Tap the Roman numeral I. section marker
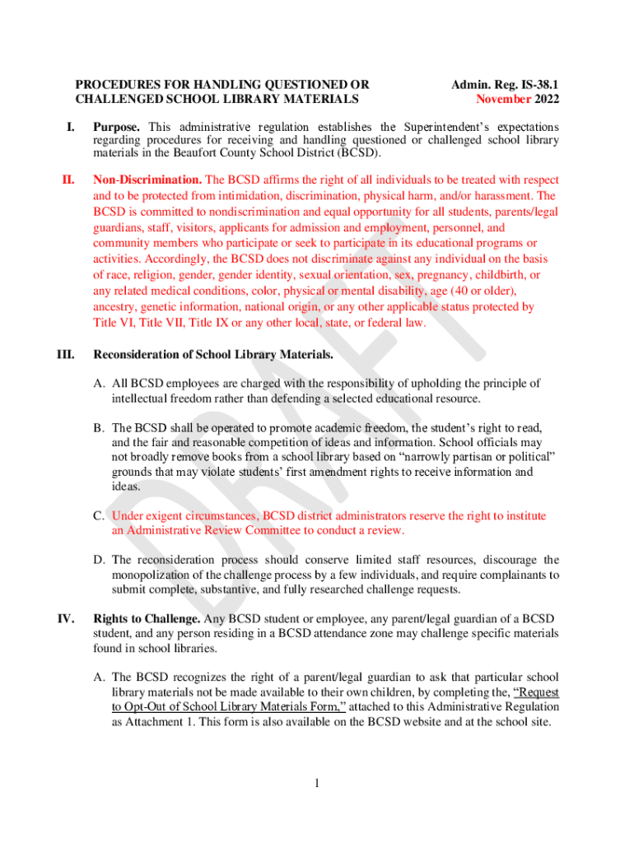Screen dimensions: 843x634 72,128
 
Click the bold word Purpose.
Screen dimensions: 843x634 116,128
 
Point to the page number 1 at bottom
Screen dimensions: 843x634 317,782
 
